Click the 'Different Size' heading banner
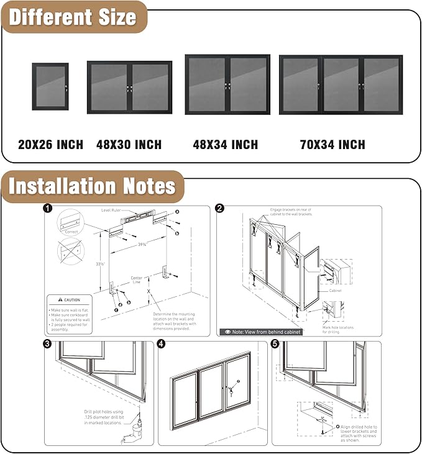pos(73,17)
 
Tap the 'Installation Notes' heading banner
pos(92,186)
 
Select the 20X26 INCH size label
pos(50,145)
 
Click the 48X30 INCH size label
pos(129,145)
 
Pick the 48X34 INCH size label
pos(225,145)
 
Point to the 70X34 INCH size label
pos(333,145)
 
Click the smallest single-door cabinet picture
pos(50,86)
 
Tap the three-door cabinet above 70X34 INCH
pos(341,85)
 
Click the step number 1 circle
pos(48,209)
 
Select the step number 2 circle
pos(220,209)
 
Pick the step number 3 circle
pos(48,344)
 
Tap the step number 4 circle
pos(162,344)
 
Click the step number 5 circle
pos(276,344)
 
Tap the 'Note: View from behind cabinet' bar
pos(262,332)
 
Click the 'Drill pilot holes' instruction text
pos(106,416)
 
